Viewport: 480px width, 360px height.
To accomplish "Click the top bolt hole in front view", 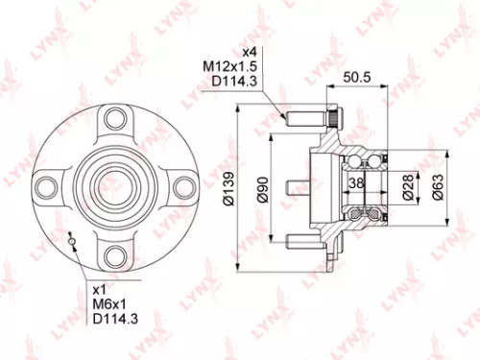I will tap(116, 118).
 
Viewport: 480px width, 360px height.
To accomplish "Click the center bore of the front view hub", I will tap(116, 185).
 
